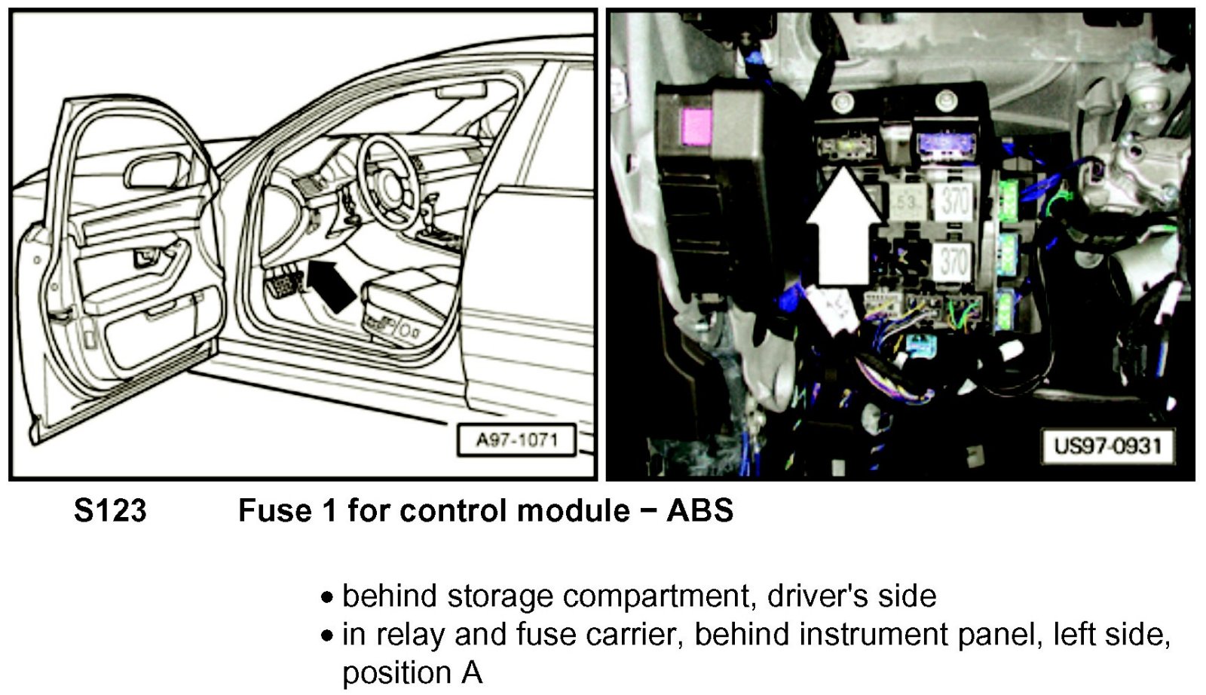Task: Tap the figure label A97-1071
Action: pyautogui.click(x=516, y=440)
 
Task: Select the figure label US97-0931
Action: pyautogui.click(x=1107, y=445)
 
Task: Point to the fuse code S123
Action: pyautogui.click(x=110, y=511)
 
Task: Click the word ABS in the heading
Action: pyautogui.click(x=699, y=511)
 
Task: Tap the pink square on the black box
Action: pyautogui.click(x=696, y=124)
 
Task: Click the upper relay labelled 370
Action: pyautogui.click(x=955, y=201)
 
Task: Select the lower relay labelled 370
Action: pyautogui.click(x=953, y=262)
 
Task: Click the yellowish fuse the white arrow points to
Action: pyautogui.click(x=844, y=144)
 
